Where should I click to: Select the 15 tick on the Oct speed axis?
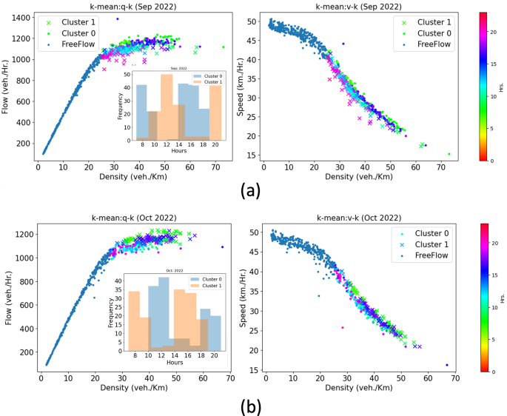click(253, 369)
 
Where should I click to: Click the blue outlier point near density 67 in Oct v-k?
click(447, 365)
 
